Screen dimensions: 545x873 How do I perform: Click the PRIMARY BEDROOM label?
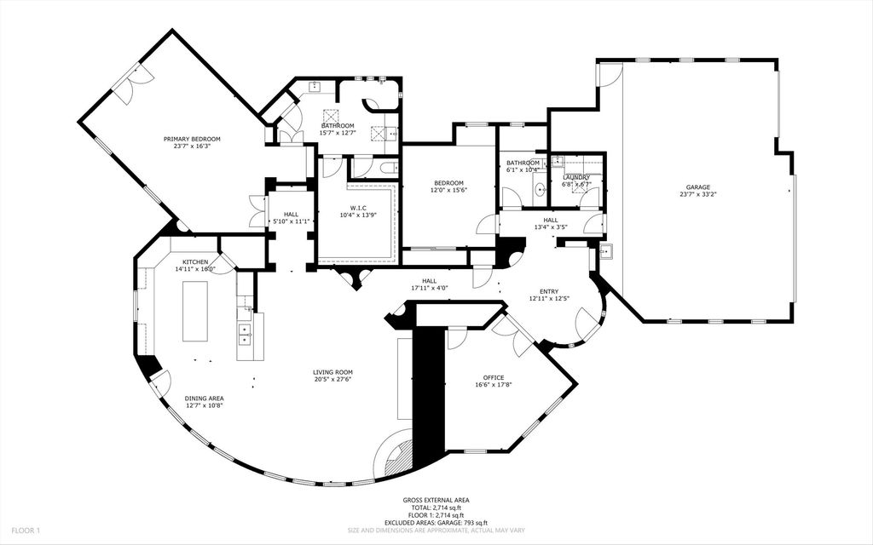pyautogui.click(x=192, y=139)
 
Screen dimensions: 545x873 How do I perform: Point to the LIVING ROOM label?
pyautogui.click(x=332, y=372)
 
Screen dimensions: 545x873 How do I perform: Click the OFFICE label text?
pyautogui.click(x=493, y=377)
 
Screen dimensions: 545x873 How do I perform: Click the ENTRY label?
pyautogui.click(x=542, y=290)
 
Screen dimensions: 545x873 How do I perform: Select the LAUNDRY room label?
pyautogui.click(x=576, y=177)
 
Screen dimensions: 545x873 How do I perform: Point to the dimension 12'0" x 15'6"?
pyautogui.click(x=448, y=191)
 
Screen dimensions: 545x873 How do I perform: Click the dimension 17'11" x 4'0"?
pyautogui.click(x=429, y=288)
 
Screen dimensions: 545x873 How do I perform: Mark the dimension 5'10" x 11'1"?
pyautogui.click(x=290, y=221)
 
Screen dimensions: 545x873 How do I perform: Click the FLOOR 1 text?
pyautogui.click(x=26, y=531)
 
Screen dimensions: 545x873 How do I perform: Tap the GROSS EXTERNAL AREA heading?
pyautogui.click(x=436, y=501)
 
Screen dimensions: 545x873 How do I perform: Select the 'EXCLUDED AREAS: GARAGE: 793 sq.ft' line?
pyautogui.click(x=436, y=522)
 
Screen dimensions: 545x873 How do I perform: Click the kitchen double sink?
pyautogui.click(x=245, y=333)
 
